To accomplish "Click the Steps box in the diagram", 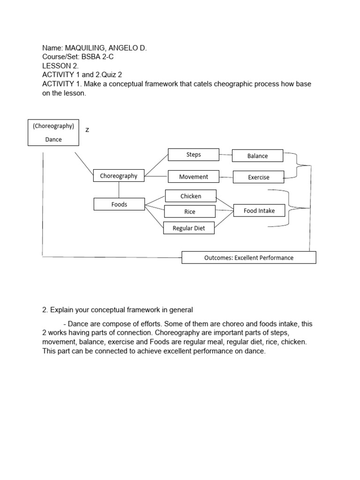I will coord(194,155).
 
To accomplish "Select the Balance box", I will coord(257,156).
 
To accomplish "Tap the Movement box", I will coord(193,177).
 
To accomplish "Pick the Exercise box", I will coord(258,177).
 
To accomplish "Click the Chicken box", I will coord(190,196).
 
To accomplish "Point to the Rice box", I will coord(189,211).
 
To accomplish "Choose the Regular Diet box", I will coord(188,228).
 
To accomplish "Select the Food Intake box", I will coord(259,211).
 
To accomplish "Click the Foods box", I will coord(119,204).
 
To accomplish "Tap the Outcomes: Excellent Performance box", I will coord(249,257).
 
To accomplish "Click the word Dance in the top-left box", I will coord(53,139).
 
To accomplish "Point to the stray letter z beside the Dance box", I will coord(87,130).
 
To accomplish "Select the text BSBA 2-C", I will coord(100,57).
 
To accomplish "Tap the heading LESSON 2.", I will coord(60,66).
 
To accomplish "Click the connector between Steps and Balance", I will coord(226,154).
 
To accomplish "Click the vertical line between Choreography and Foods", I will coord(119,190).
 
